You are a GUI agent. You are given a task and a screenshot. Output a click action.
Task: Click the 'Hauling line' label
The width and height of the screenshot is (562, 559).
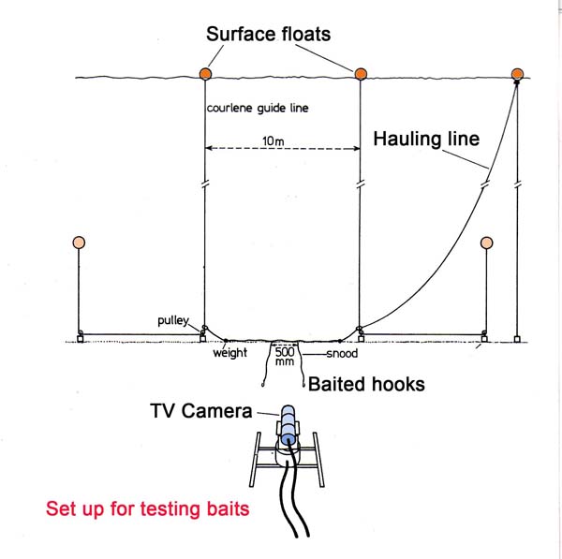[x=426, y=140]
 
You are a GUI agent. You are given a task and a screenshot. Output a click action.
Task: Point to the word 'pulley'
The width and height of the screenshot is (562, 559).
[x=174, y=321]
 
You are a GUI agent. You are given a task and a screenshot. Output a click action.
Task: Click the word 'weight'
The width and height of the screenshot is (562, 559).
[x=229, y=354]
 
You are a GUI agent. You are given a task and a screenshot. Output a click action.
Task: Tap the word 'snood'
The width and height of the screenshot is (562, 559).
[x=340, y=354]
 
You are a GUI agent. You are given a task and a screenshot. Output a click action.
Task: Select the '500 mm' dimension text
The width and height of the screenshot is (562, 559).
[x=284, y=356]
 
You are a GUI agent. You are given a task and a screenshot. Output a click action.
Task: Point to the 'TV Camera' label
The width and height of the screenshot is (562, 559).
[x=200, y=409]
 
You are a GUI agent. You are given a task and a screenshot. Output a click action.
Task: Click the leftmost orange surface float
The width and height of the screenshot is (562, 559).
[x=204, y=73]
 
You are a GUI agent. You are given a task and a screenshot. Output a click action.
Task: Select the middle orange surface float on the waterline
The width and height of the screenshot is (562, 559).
[x=360, y=72]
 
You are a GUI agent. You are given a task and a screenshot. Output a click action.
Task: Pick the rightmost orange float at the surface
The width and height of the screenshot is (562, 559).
[x=517, y=73]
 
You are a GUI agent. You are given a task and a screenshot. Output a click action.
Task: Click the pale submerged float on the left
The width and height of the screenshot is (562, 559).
[x=79, y=243]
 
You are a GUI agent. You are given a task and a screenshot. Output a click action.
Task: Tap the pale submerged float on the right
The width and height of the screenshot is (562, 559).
[x=486, y=243]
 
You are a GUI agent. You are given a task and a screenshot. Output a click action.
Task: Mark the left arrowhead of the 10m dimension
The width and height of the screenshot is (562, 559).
[x=209, y=148]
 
